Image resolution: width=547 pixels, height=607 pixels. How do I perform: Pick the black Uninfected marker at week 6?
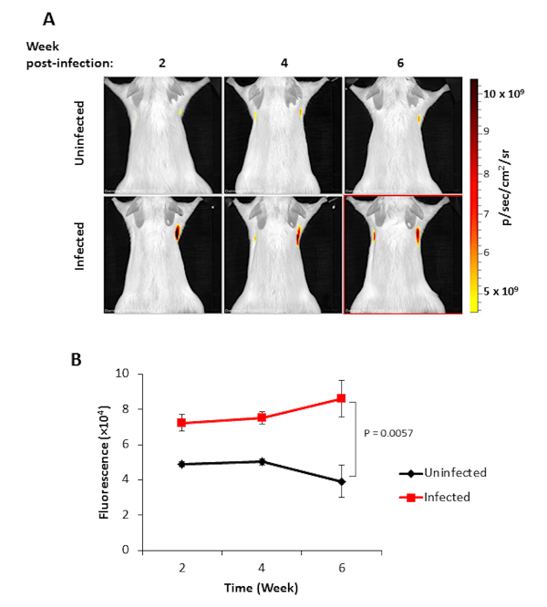tap(342, 481)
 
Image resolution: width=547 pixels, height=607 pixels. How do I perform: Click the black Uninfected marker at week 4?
tap(263, 461)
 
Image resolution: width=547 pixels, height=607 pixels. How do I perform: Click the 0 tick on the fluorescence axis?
tap(126, 550)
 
